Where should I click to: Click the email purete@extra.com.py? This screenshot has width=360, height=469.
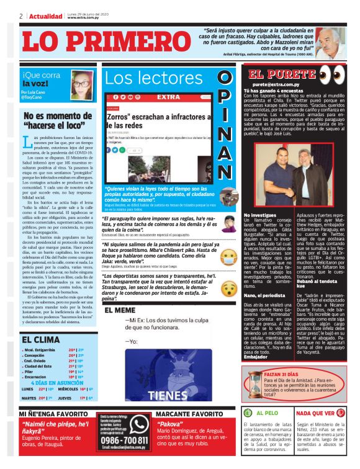276,84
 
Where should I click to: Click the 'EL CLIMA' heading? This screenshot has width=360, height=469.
40,340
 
